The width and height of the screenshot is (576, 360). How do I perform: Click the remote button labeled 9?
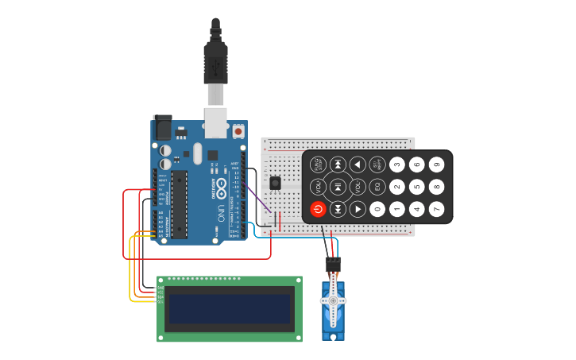click(436, 165)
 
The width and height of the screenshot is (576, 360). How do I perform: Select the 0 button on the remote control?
click(377, 209)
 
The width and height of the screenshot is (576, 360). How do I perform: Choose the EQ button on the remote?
click(377, 187)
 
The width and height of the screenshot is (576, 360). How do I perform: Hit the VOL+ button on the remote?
click(357, 187)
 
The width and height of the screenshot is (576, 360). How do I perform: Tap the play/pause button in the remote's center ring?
click(338, 187)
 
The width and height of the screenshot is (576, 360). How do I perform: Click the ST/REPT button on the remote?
click(377, 165)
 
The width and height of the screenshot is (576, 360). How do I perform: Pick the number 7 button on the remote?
click(436, 209)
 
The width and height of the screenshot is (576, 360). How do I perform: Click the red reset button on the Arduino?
click(238, 130)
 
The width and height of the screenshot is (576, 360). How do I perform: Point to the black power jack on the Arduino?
click(162, 126)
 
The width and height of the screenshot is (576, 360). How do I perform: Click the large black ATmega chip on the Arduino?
click(179, 204)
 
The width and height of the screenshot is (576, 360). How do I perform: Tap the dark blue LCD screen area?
click(230, 309)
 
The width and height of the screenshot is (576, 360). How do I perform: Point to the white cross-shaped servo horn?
click(333, 301)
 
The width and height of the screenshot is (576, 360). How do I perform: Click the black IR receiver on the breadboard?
click(275, 183)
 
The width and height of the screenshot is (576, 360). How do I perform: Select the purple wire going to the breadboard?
click(260, 199)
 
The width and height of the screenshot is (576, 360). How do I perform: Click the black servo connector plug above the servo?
click(333, 264)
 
